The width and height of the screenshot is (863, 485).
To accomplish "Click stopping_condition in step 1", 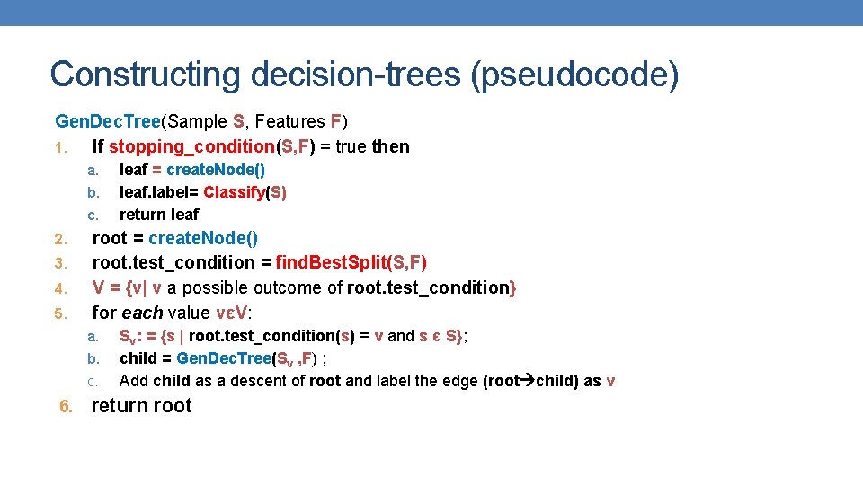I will (x=190, y=146).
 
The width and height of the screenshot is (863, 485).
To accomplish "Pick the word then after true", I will (x=391, y=146).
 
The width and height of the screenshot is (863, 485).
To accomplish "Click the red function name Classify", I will (x=235, y=192).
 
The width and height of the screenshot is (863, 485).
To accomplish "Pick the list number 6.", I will (x=66, y=406).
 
